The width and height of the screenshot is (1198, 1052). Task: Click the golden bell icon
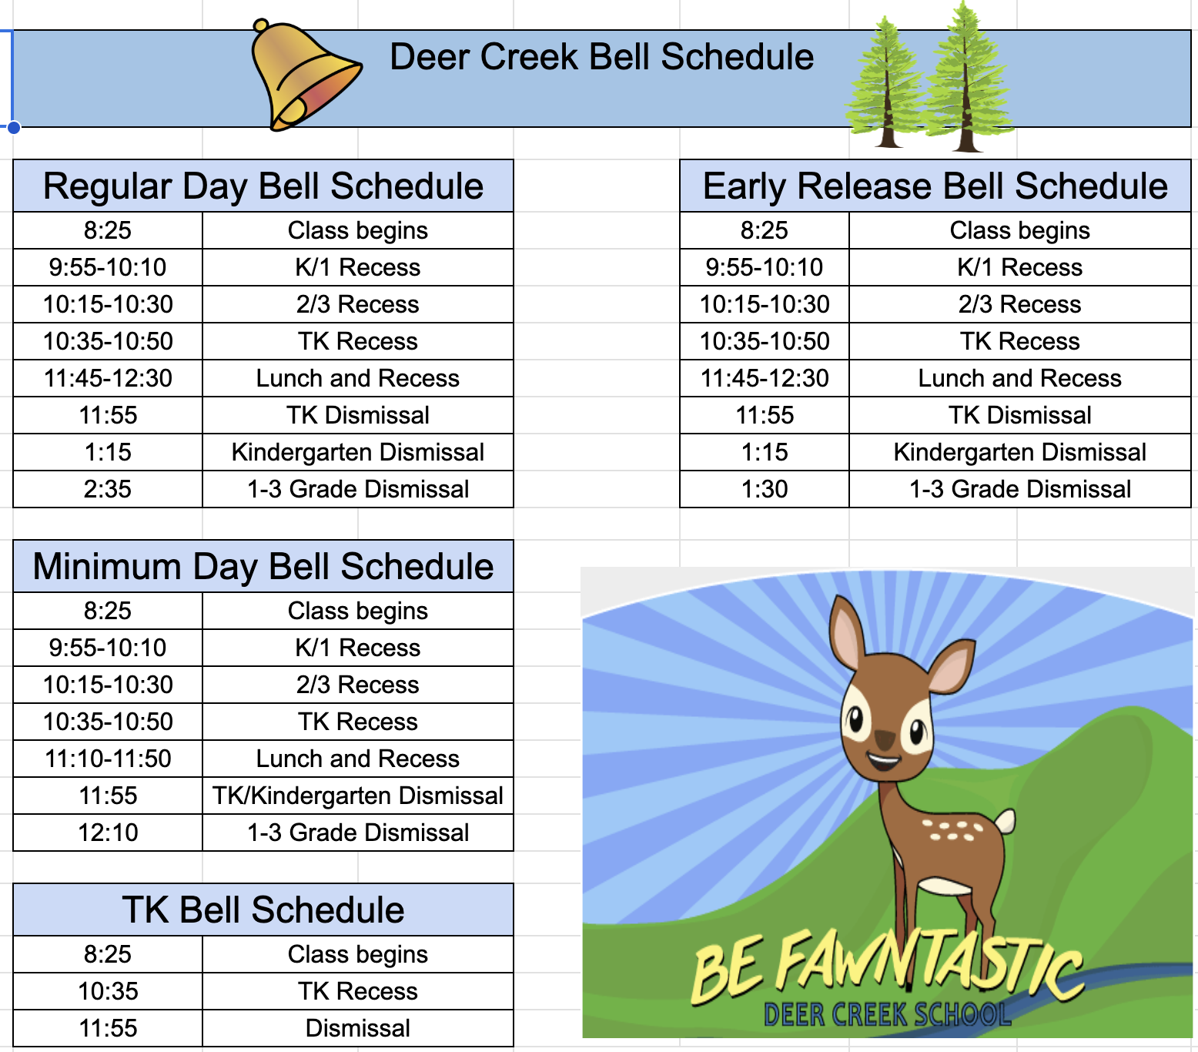[304, 76]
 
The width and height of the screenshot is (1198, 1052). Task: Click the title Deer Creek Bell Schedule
[601, 57]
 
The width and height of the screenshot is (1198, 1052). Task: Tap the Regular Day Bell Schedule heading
[263, 187]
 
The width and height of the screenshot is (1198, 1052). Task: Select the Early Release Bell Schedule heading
[935, 187]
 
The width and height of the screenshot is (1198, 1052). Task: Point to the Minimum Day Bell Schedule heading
[263, 568]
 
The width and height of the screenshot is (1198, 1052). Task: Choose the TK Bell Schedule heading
[263, 910]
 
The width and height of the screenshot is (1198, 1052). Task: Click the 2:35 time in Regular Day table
[108, 489]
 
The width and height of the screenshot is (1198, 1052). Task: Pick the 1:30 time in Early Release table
[765, 489]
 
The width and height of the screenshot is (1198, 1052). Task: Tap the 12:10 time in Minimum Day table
[108, 833]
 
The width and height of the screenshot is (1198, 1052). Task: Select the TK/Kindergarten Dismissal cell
[358, 796]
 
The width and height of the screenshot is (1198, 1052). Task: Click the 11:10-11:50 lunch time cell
[108, 759]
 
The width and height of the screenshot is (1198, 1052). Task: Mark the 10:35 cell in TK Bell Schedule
[108, 991]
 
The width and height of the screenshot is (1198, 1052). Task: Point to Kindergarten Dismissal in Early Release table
[1020, 452]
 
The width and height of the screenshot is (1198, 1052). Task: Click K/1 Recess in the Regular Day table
[358, 267]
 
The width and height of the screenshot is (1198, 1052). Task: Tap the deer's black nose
[885, 740]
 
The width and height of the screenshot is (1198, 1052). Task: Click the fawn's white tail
[1004, 821]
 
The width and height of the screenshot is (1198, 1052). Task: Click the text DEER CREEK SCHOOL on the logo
[887, 1014]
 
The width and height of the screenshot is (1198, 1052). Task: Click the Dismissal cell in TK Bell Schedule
[358, 1028]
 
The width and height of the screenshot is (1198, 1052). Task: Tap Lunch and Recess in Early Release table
[1020, 378]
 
